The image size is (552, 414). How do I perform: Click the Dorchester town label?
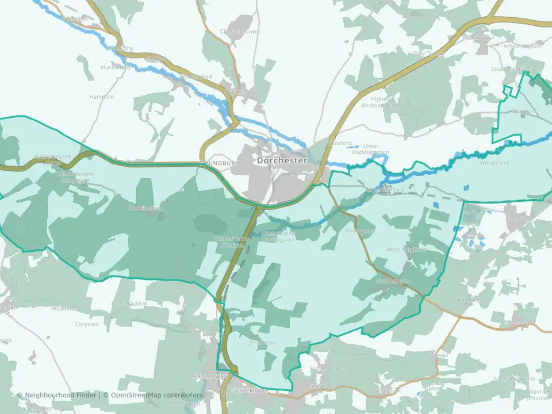(x=282, y=161)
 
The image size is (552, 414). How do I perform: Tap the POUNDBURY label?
(x=219, y=163)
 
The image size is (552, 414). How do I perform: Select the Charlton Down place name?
(x=240, y=32)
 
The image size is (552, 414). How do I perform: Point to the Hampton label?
(x=102, y=97)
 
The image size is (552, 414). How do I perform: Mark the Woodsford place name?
(x=494, y=163)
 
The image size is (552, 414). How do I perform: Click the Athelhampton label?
(x=522, y=46)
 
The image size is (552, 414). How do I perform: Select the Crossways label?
(x=520, y=219)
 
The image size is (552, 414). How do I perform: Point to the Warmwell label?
(x=470, y=300)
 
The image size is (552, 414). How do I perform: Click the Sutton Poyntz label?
(x=328, y=368)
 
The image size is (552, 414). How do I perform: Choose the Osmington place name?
(x=385, y=390)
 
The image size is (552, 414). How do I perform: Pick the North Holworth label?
(x=515, y=379)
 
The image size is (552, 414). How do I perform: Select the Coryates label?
(x=87, y=324)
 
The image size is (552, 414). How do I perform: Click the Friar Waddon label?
(x=129, y=303)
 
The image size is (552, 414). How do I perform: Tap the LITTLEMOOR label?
(x=248, y=391)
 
